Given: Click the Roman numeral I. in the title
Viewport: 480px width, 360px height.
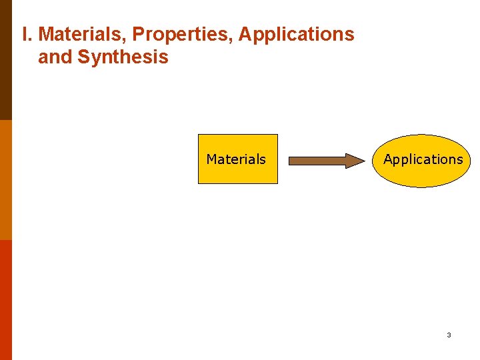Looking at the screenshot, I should coord(27,34).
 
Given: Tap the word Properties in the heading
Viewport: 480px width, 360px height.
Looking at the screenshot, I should coord(183,35).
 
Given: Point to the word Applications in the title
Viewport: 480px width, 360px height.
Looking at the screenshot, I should coord(297,35).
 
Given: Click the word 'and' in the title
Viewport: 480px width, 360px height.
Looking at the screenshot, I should coord(55,57).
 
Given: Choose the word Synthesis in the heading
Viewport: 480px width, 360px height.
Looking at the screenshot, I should coord(123,58).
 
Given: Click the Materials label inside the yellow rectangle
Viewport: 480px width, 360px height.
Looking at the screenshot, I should coord(236,159).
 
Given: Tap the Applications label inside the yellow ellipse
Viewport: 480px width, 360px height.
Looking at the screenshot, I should coord(423,159).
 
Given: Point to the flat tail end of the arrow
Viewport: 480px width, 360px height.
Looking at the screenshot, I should coord(289,161).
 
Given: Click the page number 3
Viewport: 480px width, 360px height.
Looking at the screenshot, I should coord(449,335).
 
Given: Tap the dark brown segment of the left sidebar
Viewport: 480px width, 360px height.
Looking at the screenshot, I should coord(6,60).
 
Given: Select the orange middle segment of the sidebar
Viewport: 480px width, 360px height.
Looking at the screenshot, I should coord(6,180).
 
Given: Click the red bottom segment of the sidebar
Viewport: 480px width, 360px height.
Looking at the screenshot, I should coord(6,300).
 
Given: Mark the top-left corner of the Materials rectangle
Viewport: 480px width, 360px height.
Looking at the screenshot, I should coord(199,135).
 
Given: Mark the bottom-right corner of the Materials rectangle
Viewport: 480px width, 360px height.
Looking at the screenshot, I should coord(277,183).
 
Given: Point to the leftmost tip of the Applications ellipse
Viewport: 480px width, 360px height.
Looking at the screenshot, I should coord(373,161).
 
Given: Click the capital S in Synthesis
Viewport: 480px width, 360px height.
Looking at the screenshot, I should coord(84,57).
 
